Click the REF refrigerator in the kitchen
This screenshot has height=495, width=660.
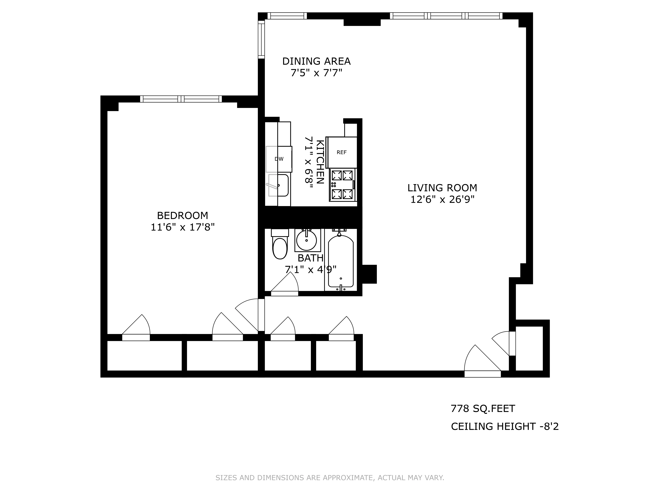click(x=342, y=152)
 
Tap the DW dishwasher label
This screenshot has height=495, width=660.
click(x=279, y=159)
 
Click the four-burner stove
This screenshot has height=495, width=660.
click(x=342, y=185)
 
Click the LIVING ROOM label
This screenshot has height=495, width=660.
click(x=442, y=188)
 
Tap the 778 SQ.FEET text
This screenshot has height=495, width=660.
click(x=483, y=408)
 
